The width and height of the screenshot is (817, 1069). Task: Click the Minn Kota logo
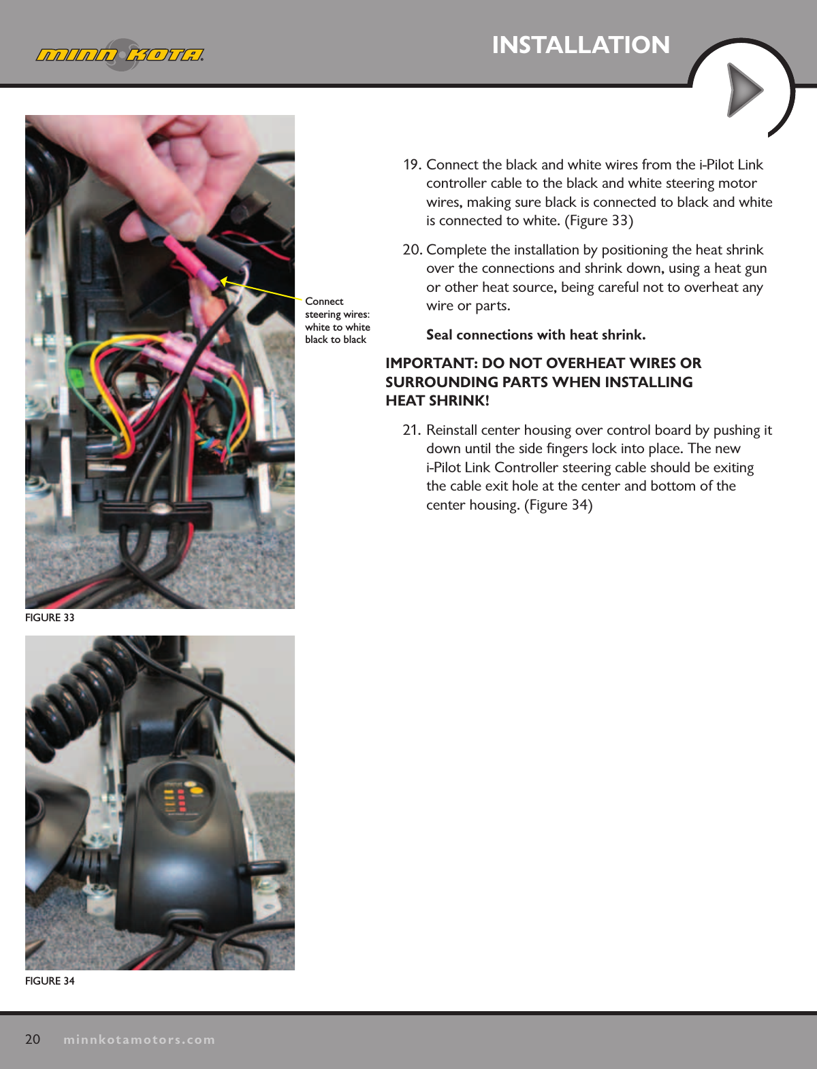(120, 54)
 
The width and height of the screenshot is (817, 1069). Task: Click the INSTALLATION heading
(581, 45)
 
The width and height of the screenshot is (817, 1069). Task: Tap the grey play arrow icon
(744, 90)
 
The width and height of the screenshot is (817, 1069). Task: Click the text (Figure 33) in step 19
(598, 220)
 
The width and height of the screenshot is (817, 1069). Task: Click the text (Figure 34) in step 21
(558, 505)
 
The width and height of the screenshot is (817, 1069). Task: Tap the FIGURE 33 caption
(50, 617)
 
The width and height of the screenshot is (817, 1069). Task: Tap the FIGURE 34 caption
(50, 981)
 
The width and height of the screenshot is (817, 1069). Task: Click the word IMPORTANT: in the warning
(431, 363)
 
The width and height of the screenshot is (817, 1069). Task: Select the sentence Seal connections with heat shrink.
(536, 335)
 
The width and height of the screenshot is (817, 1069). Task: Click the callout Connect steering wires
(337, 320)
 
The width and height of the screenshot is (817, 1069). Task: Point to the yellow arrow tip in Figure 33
(223, 280)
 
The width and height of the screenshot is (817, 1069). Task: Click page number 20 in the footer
(33, 1039)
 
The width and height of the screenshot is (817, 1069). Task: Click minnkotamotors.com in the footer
(139, 1040)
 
